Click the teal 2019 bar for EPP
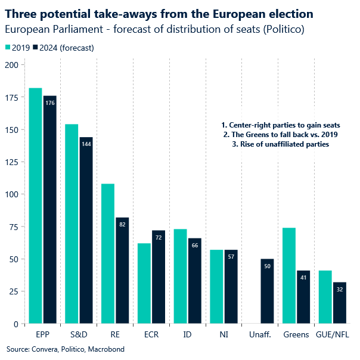click(35, 206)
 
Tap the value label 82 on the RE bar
click(122, 224)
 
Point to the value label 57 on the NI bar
click(231, 256)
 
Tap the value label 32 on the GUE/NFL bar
click(339, 289)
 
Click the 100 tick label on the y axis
click(12, 194)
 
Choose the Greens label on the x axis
click(296, 336)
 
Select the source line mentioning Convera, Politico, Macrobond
click(66, 349)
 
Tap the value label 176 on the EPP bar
click(50, 103)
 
